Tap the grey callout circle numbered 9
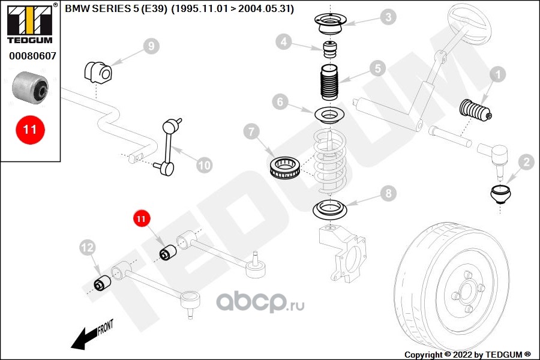[151, 46]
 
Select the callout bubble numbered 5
[376, 68]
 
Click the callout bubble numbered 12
[88, 246]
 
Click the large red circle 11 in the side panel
[30, 128]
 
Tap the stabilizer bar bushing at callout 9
[97, 73]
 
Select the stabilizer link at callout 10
[168, 147]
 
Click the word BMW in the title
[77, 10]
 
